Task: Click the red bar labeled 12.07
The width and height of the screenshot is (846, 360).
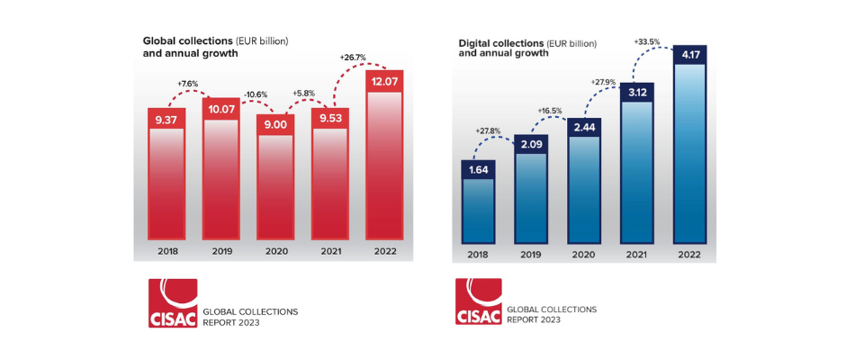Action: (x=382, y=162)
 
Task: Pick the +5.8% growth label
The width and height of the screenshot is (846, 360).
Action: (x=301, y=93)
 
